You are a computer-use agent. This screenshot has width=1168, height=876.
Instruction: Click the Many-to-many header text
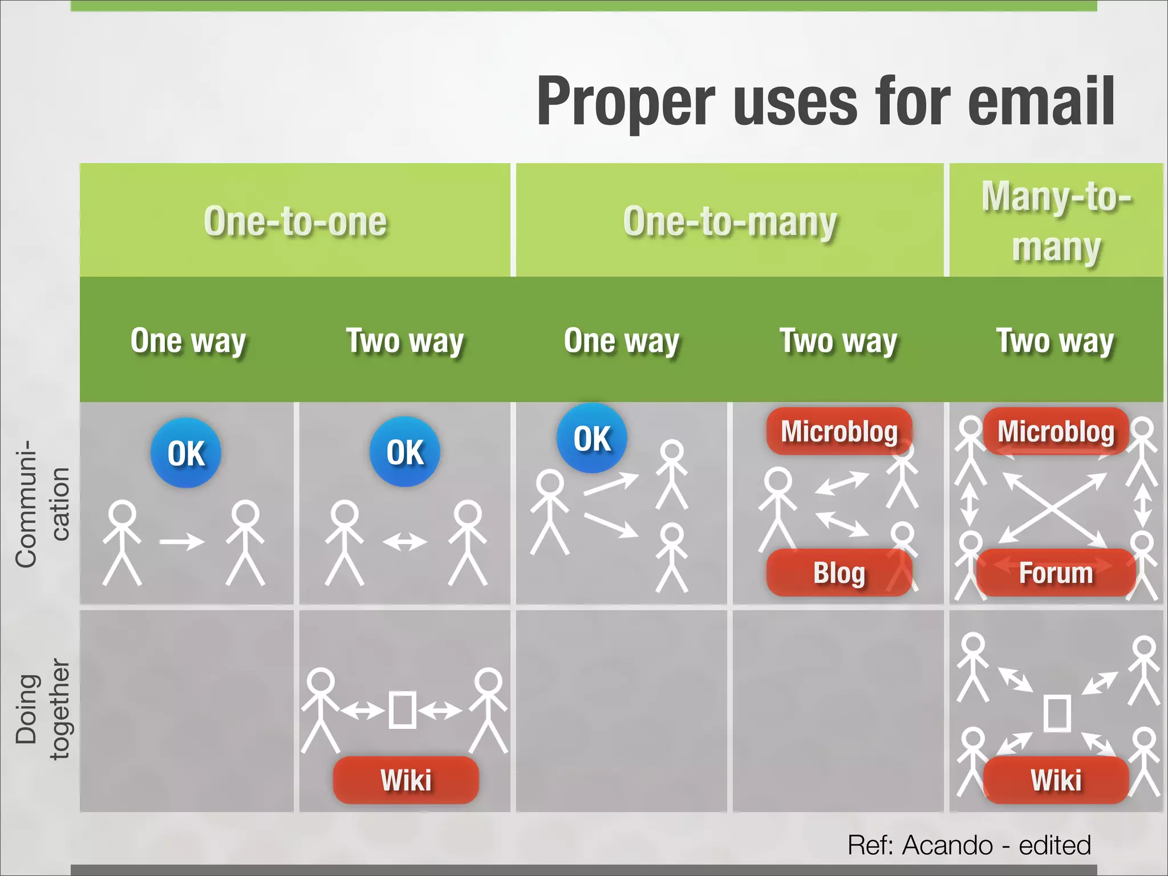click(x=1056, y=221)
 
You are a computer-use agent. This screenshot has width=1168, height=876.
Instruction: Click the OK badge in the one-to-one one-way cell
click(x=186, y=453)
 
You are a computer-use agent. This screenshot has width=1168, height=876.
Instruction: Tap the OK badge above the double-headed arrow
click(x=405, y=452)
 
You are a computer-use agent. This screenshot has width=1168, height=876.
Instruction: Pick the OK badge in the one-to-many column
click(x=592, y=438)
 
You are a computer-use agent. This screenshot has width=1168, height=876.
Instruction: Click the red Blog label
click(x=839, y=573)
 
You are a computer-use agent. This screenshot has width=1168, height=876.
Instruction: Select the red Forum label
click(x=1056, y=573)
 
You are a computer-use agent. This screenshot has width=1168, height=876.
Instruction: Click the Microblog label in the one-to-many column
click(x=839, y=431)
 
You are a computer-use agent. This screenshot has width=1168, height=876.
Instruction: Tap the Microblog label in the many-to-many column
click(x=1056, y=431)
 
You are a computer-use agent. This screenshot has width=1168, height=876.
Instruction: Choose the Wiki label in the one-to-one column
click(x=405, y=780)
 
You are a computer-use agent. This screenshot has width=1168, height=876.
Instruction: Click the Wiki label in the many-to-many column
click(x=1056, y=780)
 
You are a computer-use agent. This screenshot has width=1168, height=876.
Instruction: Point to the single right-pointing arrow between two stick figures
click(x=182, y=541)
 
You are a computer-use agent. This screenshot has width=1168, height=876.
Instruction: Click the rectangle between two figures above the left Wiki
click(x=402, y=710)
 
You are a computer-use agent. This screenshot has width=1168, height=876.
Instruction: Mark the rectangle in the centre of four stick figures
click(x=1056, y=712)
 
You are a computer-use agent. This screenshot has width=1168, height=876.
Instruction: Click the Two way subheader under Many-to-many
click(x=1055, y=341)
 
